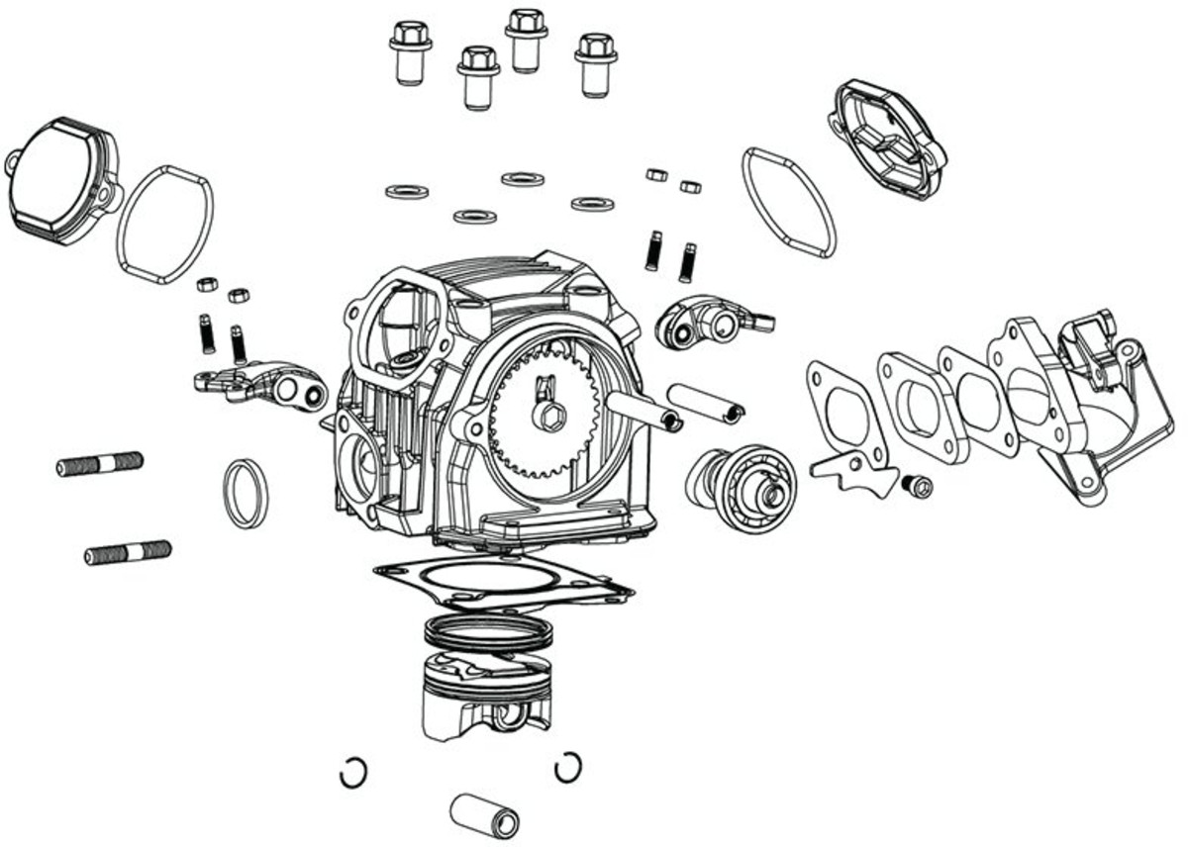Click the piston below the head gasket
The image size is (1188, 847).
point(483,698)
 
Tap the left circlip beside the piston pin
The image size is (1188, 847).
point(353,772)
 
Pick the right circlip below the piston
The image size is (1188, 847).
point(567,766)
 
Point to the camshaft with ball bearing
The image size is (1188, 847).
point(741,480)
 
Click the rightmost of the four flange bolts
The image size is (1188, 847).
point(595,64)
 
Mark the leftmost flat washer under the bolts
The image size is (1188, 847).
point(406,190)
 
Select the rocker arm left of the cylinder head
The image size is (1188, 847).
point(262,386)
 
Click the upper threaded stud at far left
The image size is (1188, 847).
point(100,463)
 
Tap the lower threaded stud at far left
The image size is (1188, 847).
point(128,552)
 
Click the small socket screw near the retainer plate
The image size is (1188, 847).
point(919,485)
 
